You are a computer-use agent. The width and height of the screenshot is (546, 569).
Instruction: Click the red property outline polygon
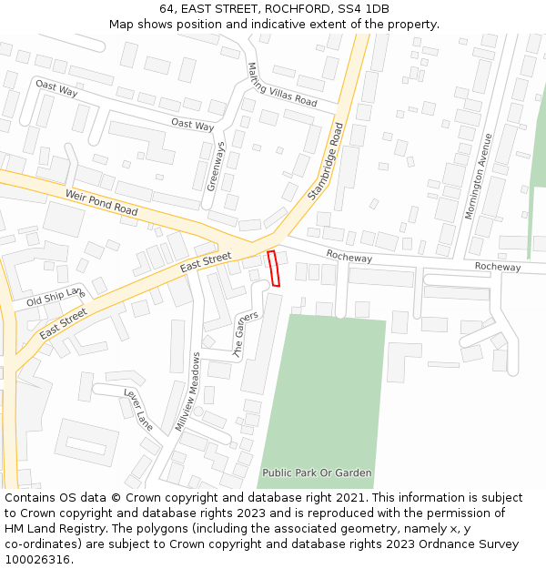click(x=273, y=269)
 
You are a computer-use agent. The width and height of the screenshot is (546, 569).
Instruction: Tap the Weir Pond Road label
click(x=101, y=203)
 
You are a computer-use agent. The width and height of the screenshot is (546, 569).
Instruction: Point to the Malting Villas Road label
click(x=281, y=85)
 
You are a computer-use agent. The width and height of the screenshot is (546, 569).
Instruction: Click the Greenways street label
click(x=216, y=166)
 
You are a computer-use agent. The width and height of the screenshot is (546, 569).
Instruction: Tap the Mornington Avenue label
click(x=479, y=176)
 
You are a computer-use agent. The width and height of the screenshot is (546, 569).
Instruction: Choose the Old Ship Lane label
click(x=55, y=296)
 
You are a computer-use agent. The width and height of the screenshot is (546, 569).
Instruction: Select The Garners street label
click(x=247, y=334)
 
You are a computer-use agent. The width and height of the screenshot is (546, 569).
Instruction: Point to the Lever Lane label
click(x=138, y=408)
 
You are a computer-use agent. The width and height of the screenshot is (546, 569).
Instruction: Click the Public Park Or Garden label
click(x=317, y=472)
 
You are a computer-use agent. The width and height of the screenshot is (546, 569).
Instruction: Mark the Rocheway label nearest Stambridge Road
click(x=349, y=258)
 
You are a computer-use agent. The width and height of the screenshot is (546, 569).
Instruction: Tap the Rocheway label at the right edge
click(x=498, y=267)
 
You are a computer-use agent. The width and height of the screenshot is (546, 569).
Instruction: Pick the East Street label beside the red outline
click(x=206, y=262)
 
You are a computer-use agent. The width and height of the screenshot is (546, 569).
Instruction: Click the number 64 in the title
click(x=167, y=9)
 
